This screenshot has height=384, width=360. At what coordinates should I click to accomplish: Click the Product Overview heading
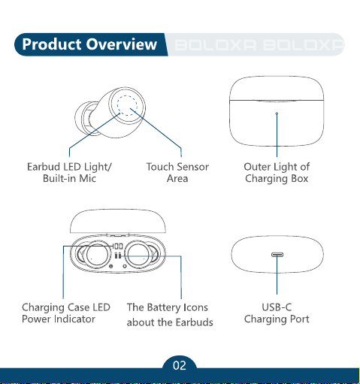point(89,44)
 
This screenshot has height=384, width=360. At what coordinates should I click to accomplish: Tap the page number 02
point(180,365)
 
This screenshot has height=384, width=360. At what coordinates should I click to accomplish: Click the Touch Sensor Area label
point(177,172)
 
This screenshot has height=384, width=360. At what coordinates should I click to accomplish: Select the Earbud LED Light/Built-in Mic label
point(69,172)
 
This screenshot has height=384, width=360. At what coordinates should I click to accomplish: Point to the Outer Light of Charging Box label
point(277,173)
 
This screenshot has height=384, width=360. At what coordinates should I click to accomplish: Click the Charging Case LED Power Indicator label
point(66,313)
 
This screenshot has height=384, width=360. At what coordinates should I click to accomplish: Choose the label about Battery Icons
point(170,315)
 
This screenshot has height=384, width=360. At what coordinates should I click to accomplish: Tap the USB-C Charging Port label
point(277,313)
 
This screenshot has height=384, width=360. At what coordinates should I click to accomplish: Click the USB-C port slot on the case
point(277,255)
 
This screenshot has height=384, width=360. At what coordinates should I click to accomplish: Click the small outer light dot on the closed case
point(277,113)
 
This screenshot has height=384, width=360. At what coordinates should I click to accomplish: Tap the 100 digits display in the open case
point(118,246)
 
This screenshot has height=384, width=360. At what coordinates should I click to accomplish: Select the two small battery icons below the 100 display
point(118,255)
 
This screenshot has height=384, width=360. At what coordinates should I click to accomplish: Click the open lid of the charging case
point(118,221)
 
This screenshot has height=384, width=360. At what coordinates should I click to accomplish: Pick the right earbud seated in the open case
point(141,254)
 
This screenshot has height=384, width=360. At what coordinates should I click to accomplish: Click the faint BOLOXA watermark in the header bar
point(259,45)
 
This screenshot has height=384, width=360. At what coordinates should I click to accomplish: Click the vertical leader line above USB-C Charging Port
point(277,274)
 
